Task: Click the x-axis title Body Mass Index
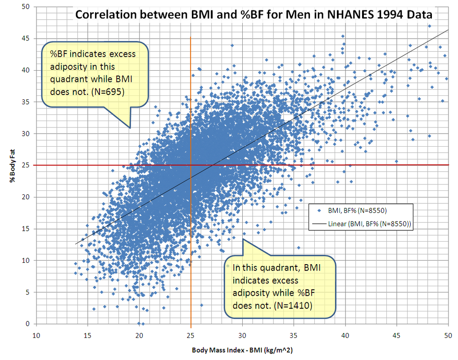point(242,350)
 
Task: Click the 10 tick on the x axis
point(36,335)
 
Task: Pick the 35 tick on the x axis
point(294,335)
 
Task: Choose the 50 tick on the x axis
point(448,335)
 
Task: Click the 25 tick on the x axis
point(191,335)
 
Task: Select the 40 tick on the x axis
point(345,335)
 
